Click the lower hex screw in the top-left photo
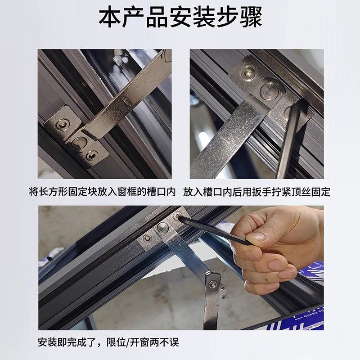point(92,155)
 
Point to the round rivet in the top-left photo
point(77,143)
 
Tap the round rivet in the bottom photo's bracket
point(163,228)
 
